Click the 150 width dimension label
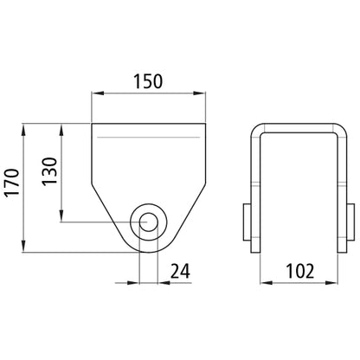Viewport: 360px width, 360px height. point(148,81)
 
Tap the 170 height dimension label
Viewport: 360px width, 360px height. point(13,183)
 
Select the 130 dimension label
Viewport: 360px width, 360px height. point(49,171)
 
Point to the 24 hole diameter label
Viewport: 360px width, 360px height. point(180,271)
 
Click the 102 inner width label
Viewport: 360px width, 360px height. point(299,271)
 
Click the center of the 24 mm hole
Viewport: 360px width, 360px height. point(149,222)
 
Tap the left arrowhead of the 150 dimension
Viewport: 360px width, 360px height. point(97,93)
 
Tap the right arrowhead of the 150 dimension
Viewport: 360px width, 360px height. point(200,93)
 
